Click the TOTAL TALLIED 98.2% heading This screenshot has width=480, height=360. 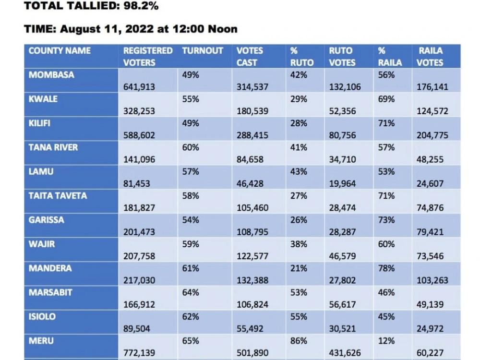pos(91,5)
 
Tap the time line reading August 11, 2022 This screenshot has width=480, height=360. pos(131,29)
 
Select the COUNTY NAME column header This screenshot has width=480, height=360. pos(60,50)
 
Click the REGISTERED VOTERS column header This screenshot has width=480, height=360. pos(148,57)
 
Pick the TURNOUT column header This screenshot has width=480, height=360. pos(203,50)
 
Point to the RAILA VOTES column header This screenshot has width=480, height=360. pos(430,57)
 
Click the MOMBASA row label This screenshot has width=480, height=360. pos(51,75)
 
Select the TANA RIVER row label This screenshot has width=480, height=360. pos(53,147)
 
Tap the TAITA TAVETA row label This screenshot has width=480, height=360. pos(58,196)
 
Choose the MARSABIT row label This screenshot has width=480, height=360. pos(50,292)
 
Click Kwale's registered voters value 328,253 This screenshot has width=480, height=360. pos(139,111)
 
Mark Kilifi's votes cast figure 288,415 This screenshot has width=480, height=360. pos(252,135)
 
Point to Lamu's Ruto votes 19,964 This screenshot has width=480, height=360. pos(342,184)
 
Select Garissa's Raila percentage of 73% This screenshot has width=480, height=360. pos(386,220)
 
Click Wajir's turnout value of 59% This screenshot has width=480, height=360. pos(191,244)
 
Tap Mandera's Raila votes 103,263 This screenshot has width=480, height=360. pos(432,280)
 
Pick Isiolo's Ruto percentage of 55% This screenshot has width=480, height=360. pos(299,316)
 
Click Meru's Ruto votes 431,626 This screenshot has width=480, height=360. pos(345,353)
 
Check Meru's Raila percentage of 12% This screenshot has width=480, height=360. pos(386,341)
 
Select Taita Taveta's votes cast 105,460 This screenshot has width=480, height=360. pos(252,208)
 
